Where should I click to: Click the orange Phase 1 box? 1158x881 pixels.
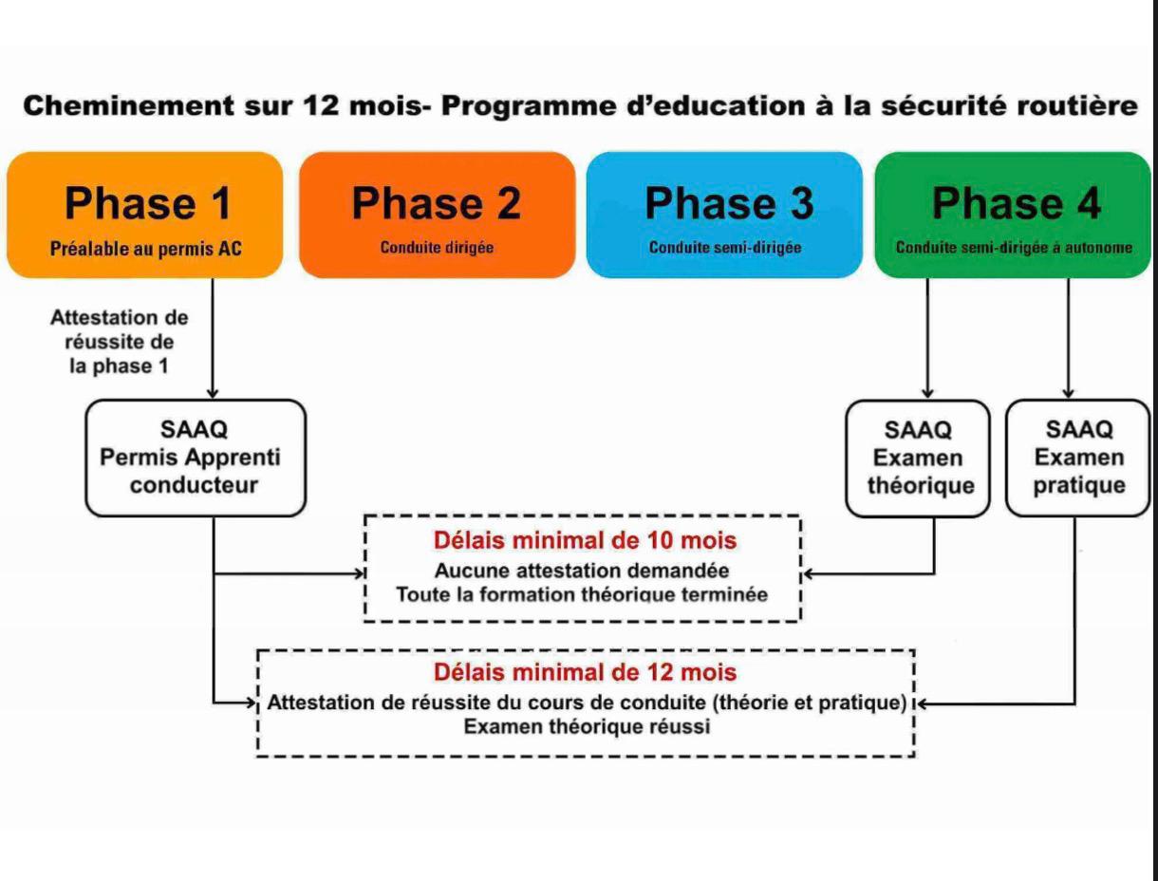pyautogui.click(x=144, y=215)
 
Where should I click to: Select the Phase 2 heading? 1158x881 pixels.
pyautogui.click(x=437, y=203)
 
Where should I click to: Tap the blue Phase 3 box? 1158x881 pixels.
pyautogui.click(x=724, y=215)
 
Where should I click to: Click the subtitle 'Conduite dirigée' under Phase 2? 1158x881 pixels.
pyautogui.click(x=437, y=248)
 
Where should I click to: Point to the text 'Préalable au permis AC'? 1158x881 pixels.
pyautogui.click(x=145, y=249)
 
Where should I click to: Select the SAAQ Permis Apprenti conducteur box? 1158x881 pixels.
pyautogui.click(x=196, y=458)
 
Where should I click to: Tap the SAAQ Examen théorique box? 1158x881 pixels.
pyautogui.click(x=917, y=458)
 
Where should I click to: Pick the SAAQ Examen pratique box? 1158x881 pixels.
pyautogui.click(x=1078, y=458)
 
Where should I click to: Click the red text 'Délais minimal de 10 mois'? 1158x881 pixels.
pyautogui.click(x=585, y=540)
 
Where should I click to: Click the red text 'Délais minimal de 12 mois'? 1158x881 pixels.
pyautogui.click(x=585, y=672)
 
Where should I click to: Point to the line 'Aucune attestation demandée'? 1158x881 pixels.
pyautogui.click(x=582, y=572)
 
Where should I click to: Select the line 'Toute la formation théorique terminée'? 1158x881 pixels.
pyautogui.click(x=582, y=595)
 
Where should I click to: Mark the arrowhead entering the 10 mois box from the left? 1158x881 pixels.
pyautogui.click(x=361, y=573)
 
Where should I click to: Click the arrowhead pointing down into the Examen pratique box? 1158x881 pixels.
pyautogui.click(x=1068, y=393)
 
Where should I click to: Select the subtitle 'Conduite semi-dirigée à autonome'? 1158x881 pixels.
pyautogui.click(x=1014, y=249)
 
